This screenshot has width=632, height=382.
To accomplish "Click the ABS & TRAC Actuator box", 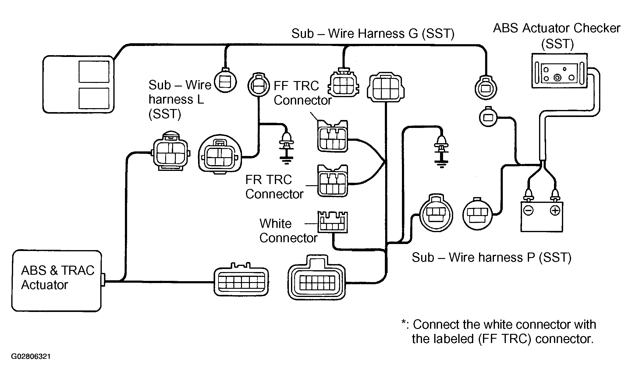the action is (56, 281).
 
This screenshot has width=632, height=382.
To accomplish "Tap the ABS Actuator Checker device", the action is (559, 71).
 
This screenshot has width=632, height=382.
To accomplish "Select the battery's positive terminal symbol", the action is (555, 210).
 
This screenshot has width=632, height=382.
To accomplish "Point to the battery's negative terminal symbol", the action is (528, 210).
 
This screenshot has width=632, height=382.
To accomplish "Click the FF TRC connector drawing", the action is (332, 136).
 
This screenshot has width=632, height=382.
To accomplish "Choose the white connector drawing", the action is (332, 222).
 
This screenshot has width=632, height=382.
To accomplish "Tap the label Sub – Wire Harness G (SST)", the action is (373, 34).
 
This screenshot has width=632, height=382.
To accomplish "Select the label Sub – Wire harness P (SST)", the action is (492, 258).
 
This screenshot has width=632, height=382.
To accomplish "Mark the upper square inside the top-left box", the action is (94, 72).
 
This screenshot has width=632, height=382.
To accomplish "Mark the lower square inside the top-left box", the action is (94, 98).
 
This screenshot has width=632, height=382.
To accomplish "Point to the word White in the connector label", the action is (275, 224).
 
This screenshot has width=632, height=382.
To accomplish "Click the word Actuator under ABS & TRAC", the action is (44, 285).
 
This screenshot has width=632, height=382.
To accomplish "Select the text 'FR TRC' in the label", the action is (268, 180).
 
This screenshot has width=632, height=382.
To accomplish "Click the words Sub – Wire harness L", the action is (180, 92).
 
